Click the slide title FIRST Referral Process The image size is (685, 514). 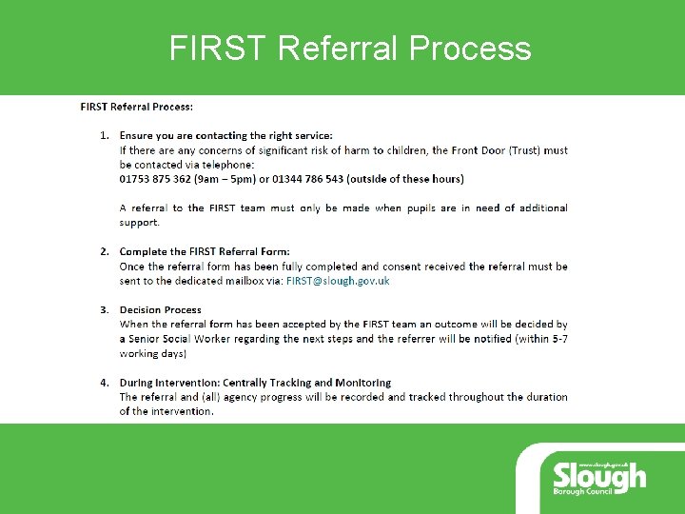tap(350, 48)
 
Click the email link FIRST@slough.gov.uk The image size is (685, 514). tap(338, 281)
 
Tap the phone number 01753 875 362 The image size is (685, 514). tap(157, 178)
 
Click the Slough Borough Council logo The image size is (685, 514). tap(599, 475)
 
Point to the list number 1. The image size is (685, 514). tap(106, 135)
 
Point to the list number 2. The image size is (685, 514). tap(106, 251)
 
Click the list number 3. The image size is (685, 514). tap(106, 309)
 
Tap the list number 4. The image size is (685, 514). tap(106, 383)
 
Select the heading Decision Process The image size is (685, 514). tap(161, 309)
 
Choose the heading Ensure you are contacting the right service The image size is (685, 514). tap(226, 135)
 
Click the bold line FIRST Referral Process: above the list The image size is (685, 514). tap(137, 107)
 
